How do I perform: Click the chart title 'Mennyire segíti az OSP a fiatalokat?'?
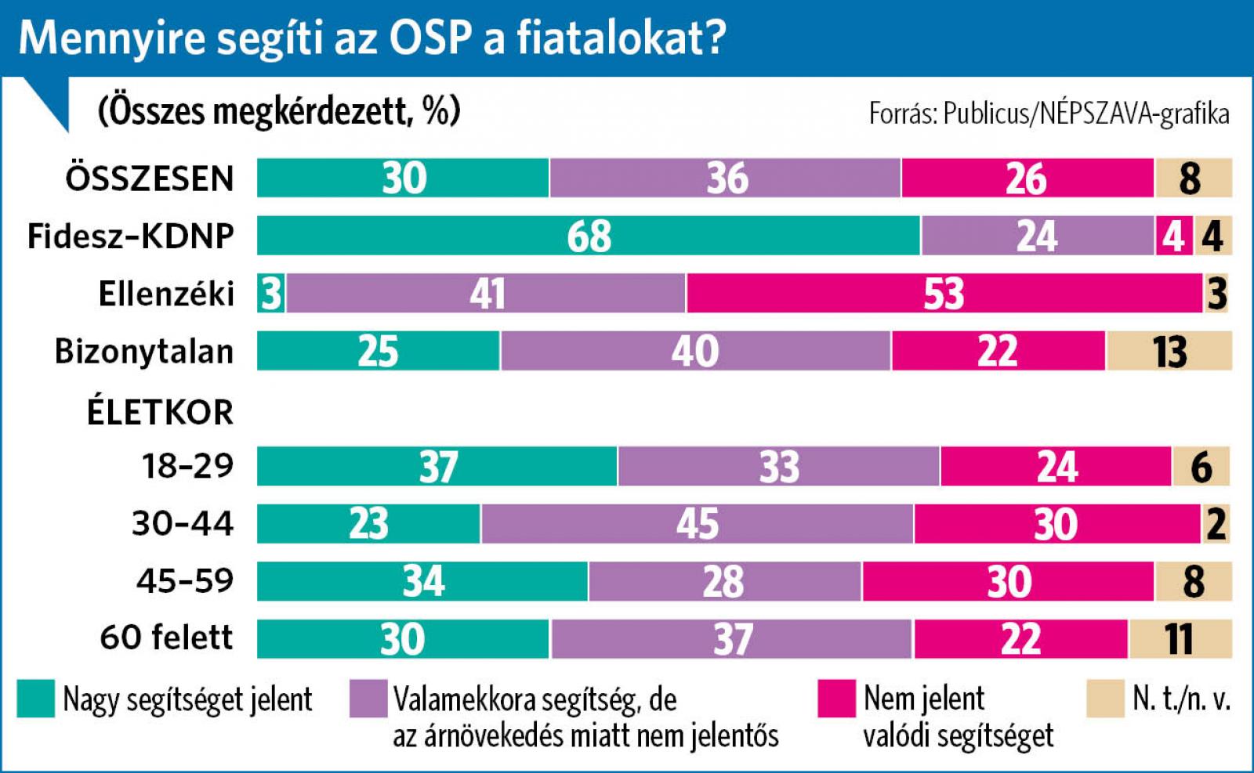point(372,38)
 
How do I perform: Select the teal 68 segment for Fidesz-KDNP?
point(588,236)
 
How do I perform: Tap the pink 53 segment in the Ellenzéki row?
point(944,294)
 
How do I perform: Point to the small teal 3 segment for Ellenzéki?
point(271,294)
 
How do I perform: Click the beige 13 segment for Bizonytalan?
point(1169,351)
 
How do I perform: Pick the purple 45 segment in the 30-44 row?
point(697,524)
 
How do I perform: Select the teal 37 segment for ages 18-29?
point(437,466)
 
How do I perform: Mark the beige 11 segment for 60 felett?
point(1180,638)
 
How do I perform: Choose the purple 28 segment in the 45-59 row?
point(724,581)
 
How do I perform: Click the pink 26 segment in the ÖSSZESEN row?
point(1027,178)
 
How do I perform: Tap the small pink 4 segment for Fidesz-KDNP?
point(1173,236)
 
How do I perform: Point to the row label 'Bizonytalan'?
point(144,352)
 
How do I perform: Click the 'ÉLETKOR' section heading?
point(160,412)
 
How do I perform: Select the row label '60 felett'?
point(166,638)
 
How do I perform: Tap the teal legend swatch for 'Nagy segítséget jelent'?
point(36,699)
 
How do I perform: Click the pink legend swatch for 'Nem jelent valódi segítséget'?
point(836,699)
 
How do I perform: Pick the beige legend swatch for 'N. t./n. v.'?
point(1105,699)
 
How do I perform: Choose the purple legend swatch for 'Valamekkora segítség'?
point(368,699)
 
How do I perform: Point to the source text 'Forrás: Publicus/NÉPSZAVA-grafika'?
point(1049,114)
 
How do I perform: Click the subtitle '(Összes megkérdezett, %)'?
point(279,111)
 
